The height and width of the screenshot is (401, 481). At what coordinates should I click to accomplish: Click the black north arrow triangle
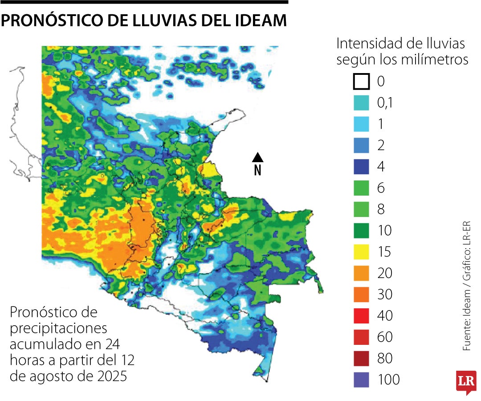[257, 157]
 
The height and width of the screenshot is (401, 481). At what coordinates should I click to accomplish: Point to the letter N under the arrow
[257, 170]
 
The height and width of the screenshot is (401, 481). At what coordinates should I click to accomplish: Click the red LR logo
[465, 382]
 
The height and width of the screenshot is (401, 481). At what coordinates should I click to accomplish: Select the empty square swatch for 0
[361, 82]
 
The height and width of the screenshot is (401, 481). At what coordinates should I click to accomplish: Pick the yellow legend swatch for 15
[361, 252]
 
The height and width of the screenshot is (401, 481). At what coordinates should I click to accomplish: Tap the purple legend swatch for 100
[361, 380]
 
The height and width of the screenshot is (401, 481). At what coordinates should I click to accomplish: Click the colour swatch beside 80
[361, 358]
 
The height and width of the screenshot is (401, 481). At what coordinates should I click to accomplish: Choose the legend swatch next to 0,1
[361, 103]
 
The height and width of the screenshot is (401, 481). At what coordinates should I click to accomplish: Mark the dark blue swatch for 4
[361, 167]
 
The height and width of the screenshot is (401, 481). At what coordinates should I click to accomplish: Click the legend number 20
[385, 273]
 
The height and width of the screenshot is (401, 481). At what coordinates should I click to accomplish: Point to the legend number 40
[385, 316]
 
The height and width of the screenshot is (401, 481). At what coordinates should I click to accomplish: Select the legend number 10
[385, 231]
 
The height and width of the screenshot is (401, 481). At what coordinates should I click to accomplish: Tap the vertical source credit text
[467, 285]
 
